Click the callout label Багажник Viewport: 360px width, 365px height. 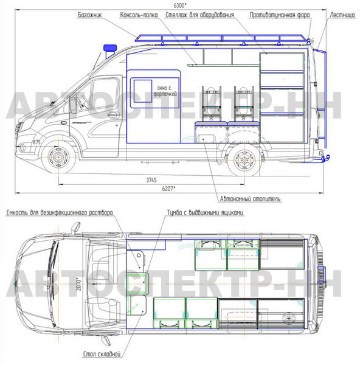[x=90, y=15]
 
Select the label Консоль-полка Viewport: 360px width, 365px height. [x=139, y=15]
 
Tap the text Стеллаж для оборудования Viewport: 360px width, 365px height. [x=199, y=15]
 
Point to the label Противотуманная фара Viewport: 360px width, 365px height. [x=280, y=15]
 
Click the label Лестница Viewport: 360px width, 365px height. [x=342, y=15]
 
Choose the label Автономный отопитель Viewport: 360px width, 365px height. [x=250, y=199]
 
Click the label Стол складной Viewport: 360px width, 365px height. [x=102, y=354]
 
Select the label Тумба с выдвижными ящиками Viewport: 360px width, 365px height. [x=205, y=212]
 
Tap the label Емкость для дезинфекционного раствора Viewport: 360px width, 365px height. [x=60, y=212]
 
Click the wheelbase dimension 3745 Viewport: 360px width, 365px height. [x=151, y=180]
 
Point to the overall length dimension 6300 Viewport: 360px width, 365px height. [x=181, y=5]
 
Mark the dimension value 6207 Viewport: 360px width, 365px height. [x=168, y=189]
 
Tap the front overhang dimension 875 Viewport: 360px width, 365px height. [x=36, y=142]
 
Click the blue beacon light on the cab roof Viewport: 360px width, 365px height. [x=110, y=48]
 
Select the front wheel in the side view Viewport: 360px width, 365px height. [x=58, y=157]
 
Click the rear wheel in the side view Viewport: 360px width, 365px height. [x=244, y=159]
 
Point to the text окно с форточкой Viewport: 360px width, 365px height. [x=165, y=91]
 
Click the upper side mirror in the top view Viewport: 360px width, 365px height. [x=75, y=228]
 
